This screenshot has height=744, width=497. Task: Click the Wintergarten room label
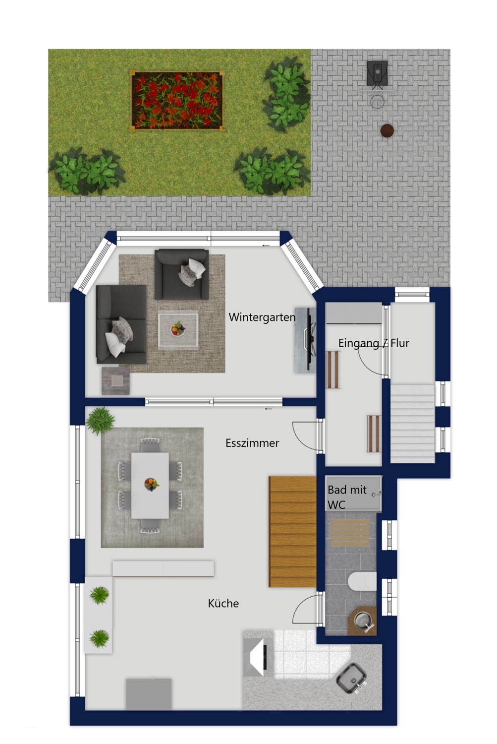pyautogui.click(x=262, y=317)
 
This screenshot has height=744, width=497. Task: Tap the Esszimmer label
pyautogui.click(x=252, y=443)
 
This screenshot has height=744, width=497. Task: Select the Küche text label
pyautogui.click(x=223, y=603)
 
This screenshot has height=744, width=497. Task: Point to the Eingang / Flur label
pyautogui.click(x=374, y=343)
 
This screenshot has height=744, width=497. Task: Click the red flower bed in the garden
pyautogui.click(x=177, y=100)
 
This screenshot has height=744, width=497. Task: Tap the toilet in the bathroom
pyautogui.click(x=362, y=581)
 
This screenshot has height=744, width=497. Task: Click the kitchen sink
pyautogui.click(x=352, y=678)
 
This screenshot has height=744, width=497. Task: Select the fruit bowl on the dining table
pyautogui.click(x=151, y=484)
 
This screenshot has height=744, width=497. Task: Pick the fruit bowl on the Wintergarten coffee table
pyautogui.click(x=178, y=328)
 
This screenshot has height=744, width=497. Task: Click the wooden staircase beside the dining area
pyautogui.click(x=292, y=531)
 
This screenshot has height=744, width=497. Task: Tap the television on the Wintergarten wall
pyautogui.click(x=310, y=339)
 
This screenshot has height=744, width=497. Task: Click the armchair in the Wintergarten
pyautogui.click(x=181, y=274)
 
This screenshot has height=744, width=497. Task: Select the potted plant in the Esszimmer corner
pyautogui.click(x=100, y=421)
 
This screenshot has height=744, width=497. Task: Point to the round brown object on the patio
pyautogui.click(x=387, y=130)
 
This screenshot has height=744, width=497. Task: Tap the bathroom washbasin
pyautogui.click(x=363, y=620)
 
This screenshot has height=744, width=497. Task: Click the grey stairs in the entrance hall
pyautogui.click(x=412, y=424)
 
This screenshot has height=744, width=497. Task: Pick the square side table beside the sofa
pyautogui.click(x=115, y=380)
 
